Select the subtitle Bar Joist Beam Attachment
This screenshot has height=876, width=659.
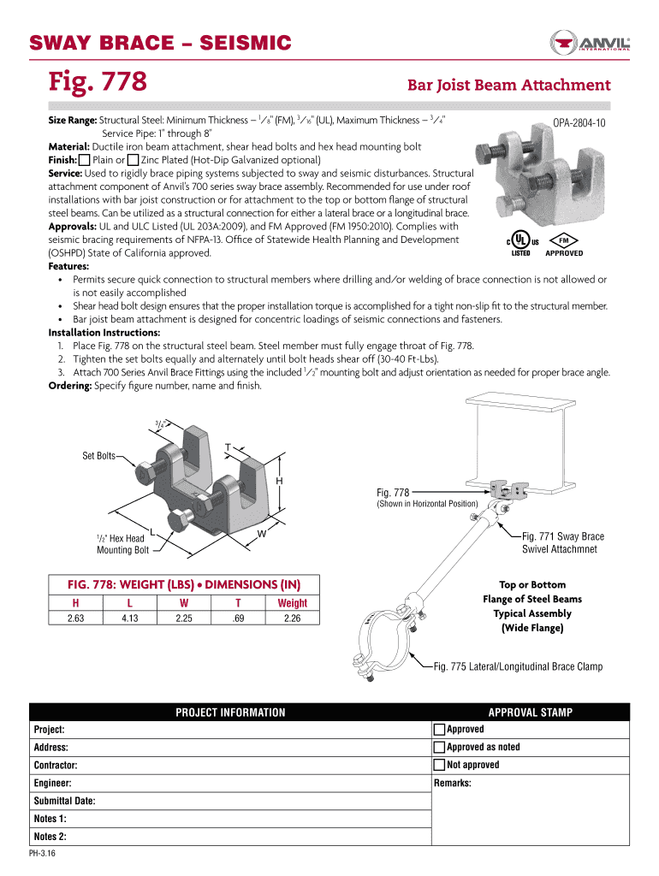click(508, 86)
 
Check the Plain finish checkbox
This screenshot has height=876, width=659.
click(84, 160)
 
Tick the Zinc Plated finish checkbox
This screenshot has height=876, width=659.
click(133, 160)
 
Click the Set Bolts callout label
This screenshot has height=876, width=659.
click(98, 456)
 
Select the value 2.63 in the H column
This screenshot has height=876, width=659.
click(75, 619)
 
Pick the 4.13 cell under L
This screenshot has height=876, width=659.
click(130, 619)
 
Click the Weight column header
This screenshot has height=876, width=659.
click(292, 603)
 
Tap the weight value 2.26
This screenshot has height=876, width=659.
click(292, 619)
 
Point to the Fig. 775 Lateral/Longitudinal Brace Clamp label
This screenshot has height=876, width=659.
click(518, 666)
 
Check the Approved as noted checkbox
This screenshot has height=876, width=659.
click(440, 748)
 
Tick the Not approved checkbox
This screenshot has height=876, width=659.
click(440, 765)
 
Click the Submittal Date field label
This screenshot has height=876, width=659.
click(64, 802)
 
